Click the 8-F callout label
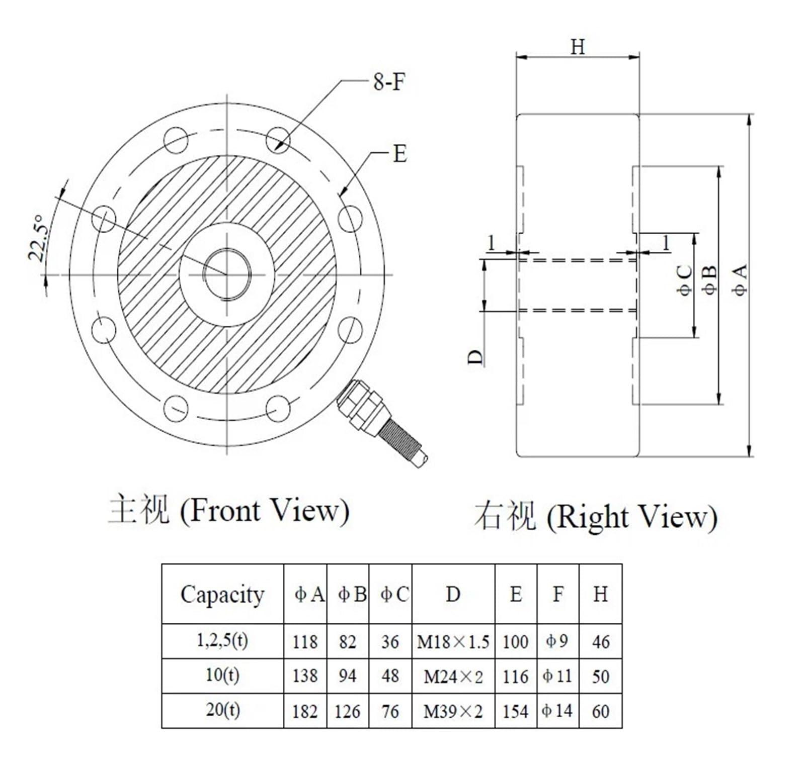click(389, 81)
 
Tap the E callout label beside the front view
click(399, 154)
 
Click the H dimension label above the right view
click(578, 47)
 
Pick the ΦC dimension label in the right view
click(685, 280)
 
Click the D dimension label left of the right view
click(475, 357)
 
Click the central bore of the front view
click(226, 274)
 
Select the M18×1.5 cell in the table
click(453, 642)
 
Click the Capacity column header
click(222, 595)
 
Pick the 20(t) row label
click(222, 710)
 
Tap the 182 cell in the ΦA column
click(305, 711)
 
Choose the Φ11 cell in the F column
click(557, 676)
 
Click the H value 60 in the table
click(600, 711)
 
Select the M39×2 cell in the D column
click(453, 711)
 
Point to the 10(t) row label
click(222, 675)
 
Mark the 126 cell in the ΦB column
click(347, 711)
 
